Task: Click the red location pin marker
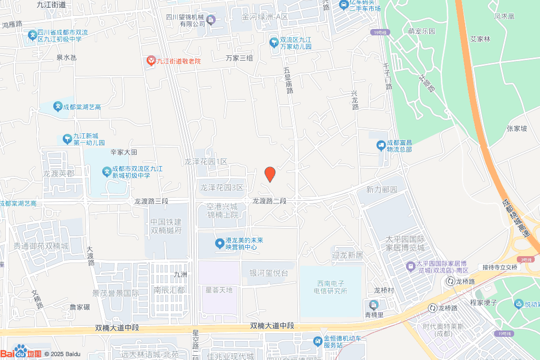pos(269,174)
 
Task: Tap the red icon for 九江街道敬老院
pos(151,62)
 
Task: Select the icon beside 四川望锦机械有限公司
pos(211,21)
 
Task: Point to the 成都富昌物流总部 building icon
pos(381,145)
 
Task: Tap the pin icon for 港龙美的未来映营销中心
pos(219,243)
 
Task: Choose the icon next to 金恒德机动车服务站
pos(317,341)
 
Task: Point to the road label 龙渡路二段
pos(269,201)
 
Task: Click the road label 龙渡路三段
pos(151,201)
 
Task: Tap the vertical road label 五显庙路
pos(288,80)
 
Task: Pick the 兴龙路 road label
pos(355,100)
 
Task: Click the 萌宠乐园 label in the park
pos(422,31)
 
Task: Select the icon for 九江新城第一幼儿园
pos(67,139)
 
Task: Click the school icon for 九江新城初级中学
pos(107,171)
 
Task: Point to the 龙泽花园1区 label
pos(206,161)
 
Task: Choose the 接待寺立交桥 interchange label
pos(498,267)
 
